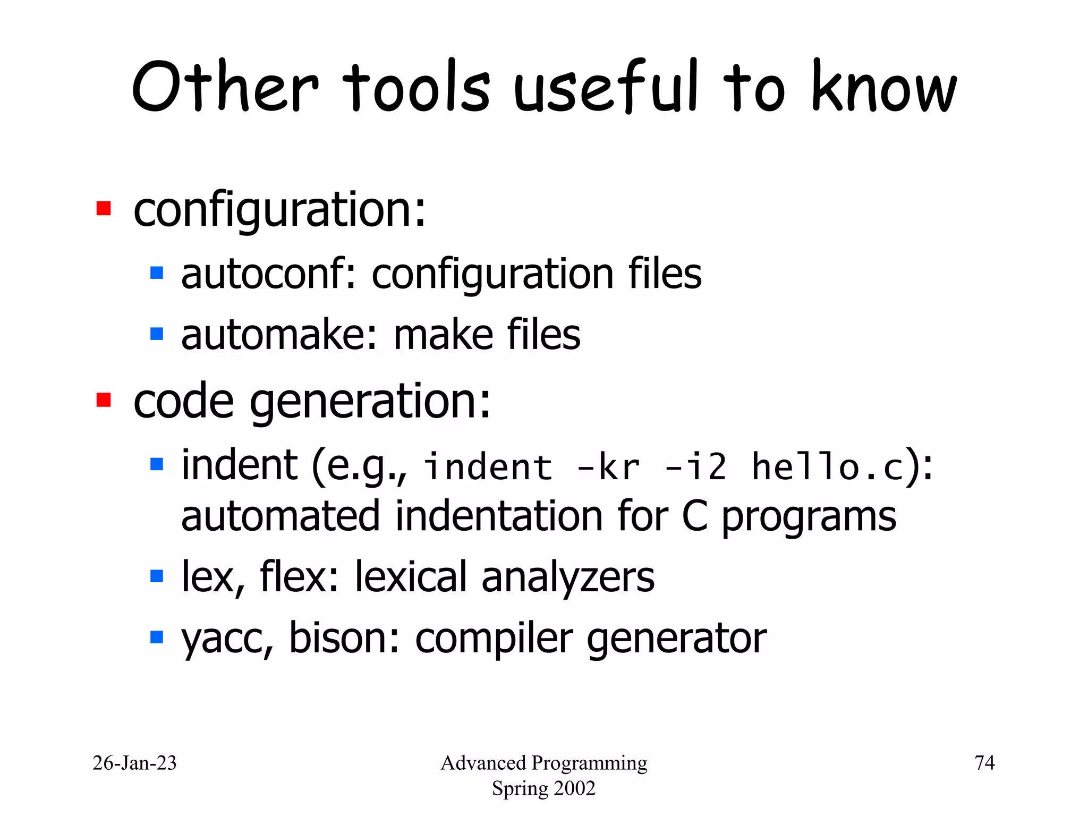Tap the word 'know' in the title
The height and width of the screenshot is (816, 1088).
pyautogui.click(x=885, y=88)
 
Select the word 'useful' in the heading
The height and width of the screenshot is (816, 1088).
pyautogui.click(x=606, y=88)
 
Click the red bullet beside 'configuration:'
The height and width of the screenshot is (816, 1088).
pyautogui.click(x=104, y=208)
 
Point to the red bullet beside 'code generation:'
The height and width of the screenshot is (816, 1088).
pyautogui.click(x=104, y=399)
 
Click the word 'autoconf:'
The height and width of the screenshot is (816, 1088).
pyautogui.click(x=268, y=274)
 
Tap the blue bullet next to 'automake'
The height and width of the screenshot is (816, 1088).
pyautogui.click(x=157, y=334)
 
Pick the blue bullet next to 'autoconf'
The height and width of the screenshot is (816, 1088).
pyautogui.click(x=157, y=273)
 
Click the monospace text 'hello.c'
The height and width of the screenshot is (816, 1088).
pyautogui.click(x=828, y=467)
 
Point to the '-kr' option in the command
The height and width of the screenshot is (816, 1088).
pyautogui.click(x=608, y=467)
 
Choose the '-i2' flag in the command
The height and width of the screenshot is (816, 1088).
pyautogui.click(x=696, y=467)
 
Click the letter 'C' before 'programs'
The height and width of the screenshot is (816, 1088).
pyautogui.click(x=695, y=516)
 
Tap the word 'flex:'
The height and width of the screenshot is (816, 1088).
pyautogui.click(x=299, y=577)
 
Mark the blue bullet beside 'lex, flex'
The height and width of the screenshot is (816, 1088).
pyautogui.click(x=157, y=576)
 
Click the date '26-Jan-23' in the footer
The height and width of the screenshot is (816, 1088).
pyautogui.click(x=134, y=763)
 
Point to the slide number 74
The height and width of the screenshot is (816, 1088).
pyautogui.click(x=984, y=763)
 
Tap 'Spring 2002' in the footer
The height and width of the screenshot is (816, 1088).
pyautogui.click(x=543, y=788)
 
